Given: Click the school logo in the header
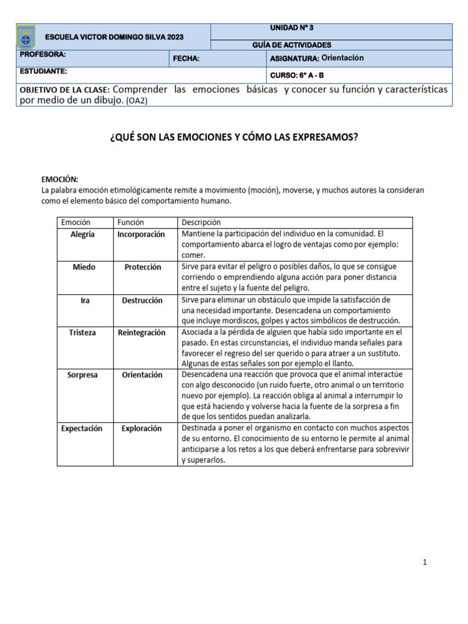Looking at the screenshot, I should [x=26, y=38].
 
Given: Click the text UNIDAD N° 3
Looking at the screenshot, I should [x=292, y=28].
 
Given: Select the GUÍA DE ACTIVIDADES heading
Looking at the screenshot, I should [x=292, y=45].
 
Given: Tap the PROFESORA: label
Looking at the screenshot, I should [x=43, y=55].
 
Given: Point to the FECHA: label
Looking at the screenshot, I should [x=186, y=59].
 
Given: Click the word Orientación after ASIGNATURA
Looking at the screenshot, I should [x=342, y=58].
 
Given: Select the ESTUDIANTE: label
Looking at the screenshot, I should [x=43, y=71].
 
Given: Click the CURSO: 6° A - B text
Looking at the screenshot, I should [x=297, y=76].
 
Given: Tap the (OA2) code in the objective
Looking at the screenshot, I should [x=136, y=101].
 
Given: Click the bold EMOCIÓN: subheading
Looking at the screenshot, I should [x=60, y=179].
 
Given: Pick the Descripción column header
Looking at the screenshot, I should [x=201, y=222].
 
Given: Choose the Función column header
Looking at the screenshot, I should [x=131, y=222].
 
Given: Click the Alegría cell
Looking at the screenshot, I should [x=83, y=235].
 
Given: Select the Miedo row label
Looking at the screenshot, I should [x=84, y=267].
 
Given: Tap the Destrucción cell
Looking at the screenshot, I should [x=142, y=300].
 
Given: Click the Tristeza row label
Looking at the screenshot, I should [x=82, y=333].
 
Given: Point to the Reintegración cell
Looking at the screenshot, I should [x=141, y=333].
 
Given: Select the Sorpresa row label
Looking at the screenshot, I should [x=84, y=375].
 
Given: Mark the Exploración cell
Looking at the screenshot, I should [x=141, y=428].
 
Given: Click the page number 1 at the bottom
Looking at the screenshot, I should [x=425, y=562].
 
